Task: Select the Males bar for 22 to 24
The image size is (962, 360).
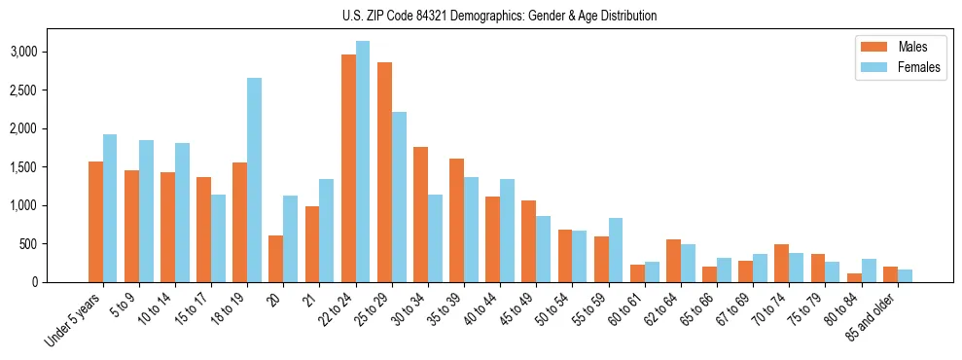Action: pyautogui.click(x=348, y=168)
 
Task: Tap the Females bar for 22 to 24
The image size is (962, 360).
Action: pyautogui.click(x=363, y=162)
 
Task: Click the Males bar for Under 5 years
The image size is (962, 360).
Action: pyautogui.click(x=95, y=222)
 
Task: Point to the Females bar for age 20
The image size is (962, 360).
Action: pyautogui.click(x=290, y=238)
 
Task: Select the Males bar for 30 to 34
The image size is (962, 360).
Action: pyautogui.click(x=420, y=214)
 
